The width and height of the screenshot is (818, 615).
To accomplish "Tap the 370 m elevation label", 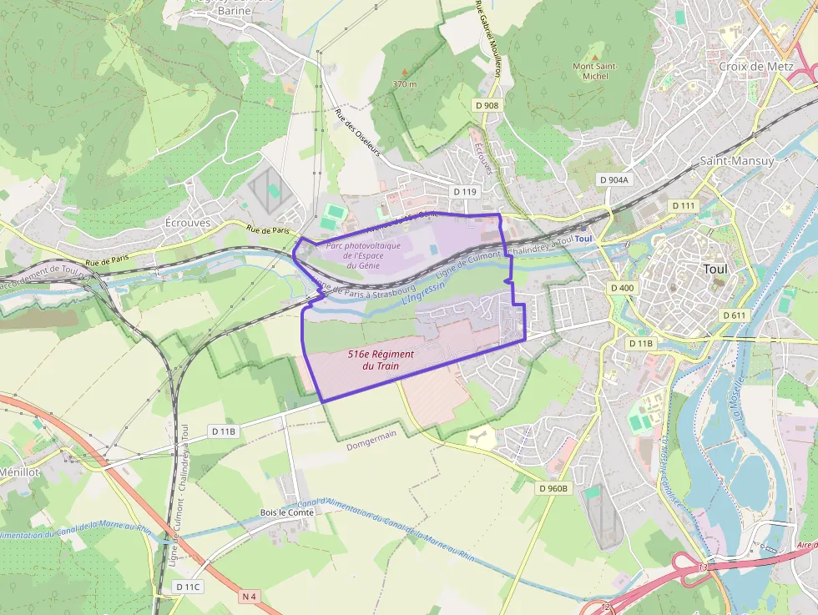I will tap(404, 84).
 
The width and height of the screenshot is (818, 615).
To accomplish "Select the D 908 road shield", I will tap(487, 105).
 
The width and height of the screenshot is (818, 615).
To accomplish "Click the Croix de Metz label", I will tap(755, 66).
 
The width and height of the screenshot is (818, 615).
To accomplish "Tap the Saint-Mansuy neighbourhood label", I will tap(736, 160).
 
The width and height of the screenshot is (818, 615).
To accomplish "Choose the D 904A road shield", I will tap(614, 179).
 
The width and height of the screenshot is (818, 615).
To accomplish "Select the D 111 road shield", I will tap(683, 205).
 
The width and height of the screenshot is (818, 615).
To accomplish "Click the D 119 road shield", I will tap(465, 191).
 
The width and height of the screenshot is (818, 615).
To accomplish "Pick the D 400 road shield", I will tap(623, 288).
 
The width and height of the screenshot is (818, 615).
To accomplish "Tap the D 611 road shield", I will tap(733, 315).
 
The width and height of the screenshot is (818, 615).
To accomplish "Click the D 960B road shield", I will tap(553, 488).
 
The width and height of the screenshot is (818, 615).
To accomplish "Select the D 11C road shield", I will tap(189, 587).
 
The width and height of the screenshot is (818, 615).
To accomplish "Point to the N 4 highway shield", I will tap(249, 596).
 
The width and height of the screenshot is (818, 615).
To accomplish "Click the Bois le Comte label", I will tap(286, 512).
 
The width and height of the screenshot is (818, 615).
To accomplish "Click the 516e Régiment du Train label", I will tap(381, 360).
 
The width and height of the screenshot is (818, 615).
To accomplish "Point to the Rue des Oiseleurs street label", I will tap(357, 133).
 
